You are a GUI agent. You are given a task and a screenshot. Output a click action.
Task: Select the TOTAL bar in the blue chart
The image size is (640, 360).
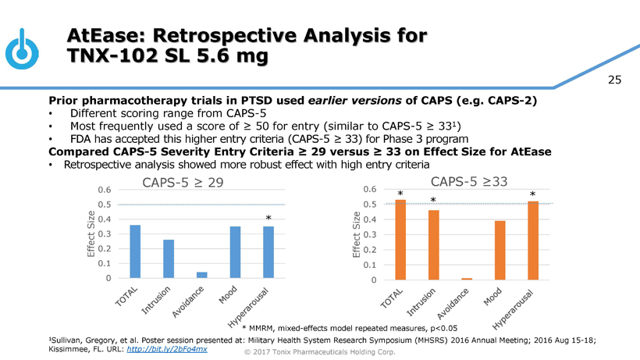point(135,251)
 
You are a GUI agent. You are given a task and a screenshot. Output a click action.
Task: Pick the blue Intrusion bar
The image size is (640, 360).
point(169,258)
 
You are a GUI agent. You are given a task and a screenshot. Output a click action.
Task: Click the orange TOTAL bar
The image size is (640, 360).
point(400,239)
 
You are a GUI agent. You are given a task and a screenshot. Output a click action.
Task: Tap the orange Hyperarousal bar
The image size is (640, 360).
point(533,240)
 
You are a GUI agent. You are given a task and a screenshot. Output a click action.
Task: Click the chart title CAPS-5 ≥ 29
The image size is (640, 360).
point(183,182)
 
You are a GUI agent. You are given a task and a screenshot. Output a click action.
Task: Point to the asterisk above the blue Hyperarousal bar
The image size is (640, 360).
point(268,218)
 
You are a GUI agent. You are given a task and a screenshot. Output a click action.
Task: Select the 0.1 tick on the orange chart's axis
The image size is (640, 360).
point(370,265)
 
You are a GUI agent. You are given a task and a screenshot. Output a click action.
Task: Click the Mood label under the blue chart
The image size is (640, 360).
point(228,297)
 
